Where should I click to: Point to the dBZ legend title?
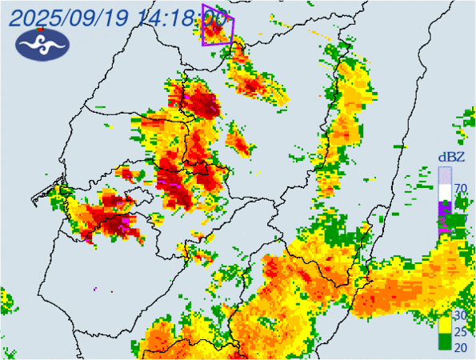pyautogui.click(x=446, y=156)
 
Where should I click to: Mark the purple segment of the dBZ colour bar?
pyautogui.click(x=444, y=212)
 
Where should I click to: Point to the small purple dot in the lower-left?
pyautogui.click(x=94, y=288)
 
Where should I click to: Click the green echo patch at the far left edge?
pyautogui.click(x=5, y=302)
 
